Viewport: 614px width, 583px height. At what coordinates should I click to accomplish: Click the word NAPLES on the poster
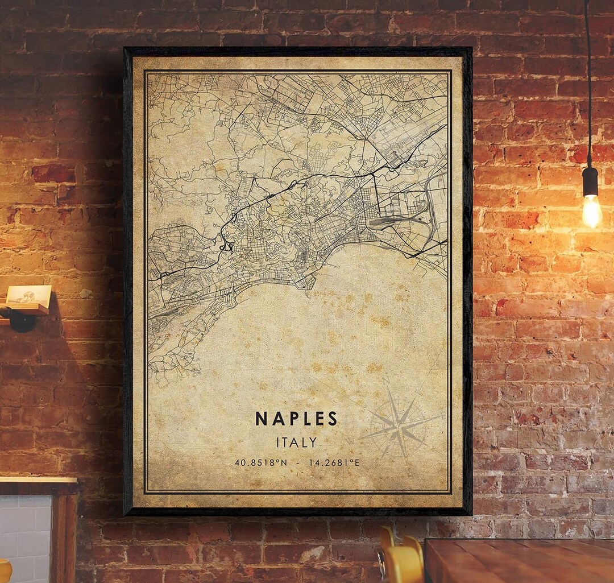click(x=296, y=419)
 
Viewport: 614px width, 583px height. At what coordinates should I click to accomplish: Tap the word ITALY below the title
click(x=296, y=442)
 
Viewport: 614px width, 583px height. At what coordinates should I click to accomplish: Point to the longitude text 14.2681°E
click(x=334, y=462)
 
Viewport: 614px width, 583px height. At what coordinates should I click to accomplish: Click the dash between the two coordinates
click(x=298, y=462)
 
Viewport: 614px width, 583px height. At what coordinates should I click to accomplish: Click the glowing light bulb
click(x=591, y=210)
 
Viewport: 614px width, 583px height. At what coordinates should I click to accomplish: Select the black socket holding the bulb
click(x=590, y=181)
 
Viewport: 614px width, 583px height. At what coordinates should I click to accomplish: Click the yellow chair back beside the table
click(x=401, y=560)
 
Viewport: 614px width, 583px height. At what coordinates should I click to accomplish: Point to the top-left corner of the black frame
click(x=126, y=49)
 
